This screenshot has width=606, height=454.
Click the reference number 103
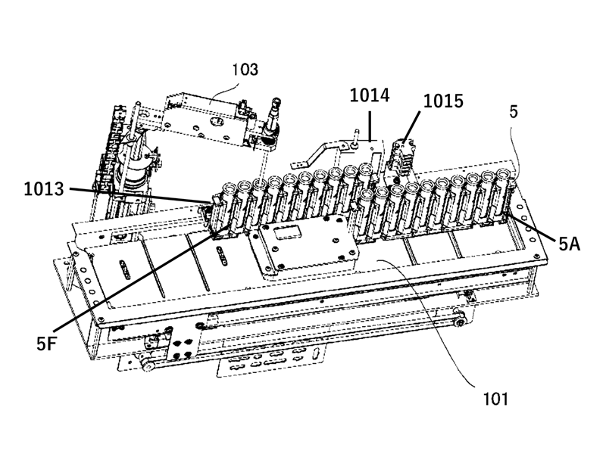(x=245, y=70)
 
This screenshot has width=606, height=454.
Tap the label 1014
(x=369, y=95)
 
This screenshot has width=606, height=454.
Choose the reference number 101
(x=491, y=396)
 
